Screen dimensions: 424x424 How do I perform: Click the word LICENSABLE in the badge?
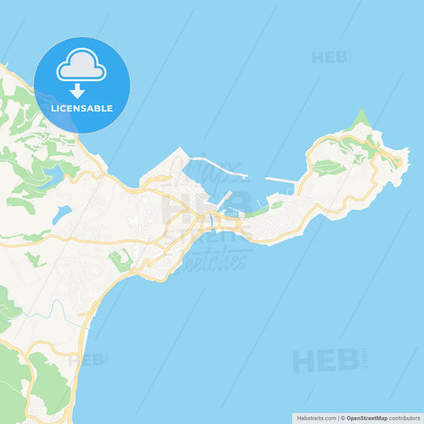[81, 108]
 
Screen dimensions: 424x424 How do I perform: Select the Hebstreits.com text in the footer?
[314, 417]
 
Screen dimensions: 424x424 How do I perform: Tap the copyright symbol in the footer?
[343, 417]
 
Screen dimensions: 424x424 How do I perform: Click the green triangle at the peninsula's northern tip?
[362, 120]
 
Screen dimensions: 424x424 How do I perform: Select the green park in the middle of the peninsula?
[329, 167]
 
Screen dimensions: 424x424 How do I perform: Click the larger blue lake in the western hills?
[53, 174]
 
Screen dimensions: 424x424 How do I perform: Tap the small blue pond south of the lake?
[63, 212]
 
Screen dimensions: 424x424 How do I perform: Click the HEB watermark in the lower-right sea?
[326, 360]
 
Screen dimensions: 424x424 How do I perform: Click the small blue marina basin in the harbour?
[231, 213]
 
